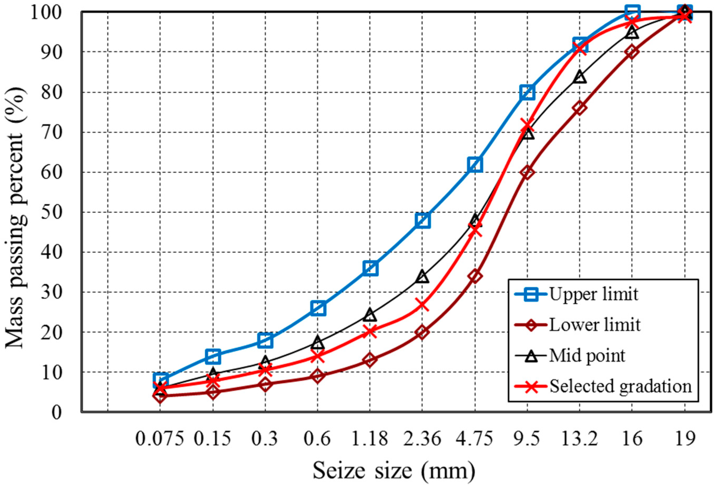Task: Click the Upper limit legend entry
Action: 593,294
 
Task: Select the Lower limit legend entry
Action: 594,325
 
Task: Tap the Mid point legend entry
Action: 587,356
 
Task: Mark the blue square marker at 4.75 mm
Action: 475,165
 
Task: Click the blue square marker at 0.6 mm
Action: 318,308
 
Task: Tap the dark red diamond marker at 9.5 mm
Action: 527,173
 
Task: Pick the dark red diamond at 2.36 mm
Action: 422,332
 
